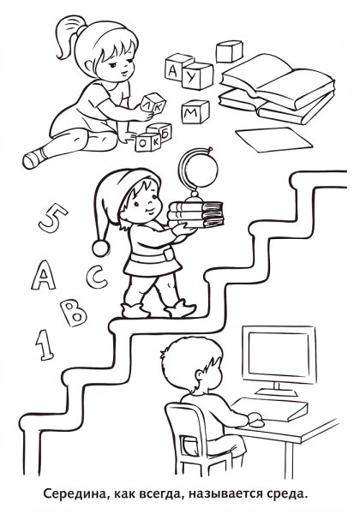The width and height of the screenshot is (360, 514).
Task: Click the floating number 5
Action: pos(52,218)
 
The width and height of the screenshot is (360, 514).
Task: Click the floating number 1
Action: pos(45,345)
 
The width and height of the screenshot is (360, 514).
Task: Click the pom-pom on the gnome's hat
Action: pos(100,248)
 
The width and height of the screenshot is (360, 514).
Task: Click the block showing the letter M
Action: pos(195,111)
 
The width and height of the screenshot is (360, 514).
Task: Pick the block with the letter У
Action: pos(197,75)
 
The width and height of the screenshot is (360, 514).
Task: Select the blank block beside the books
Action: pos(230,51)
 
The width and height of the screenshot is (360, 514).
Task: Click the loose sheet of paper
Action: pos(273,140)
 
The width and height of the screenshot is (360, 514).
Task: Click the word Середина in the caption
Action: pos(75,502)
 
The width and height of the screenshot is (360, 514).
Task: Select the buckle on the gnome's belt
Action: pos(167,254)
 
